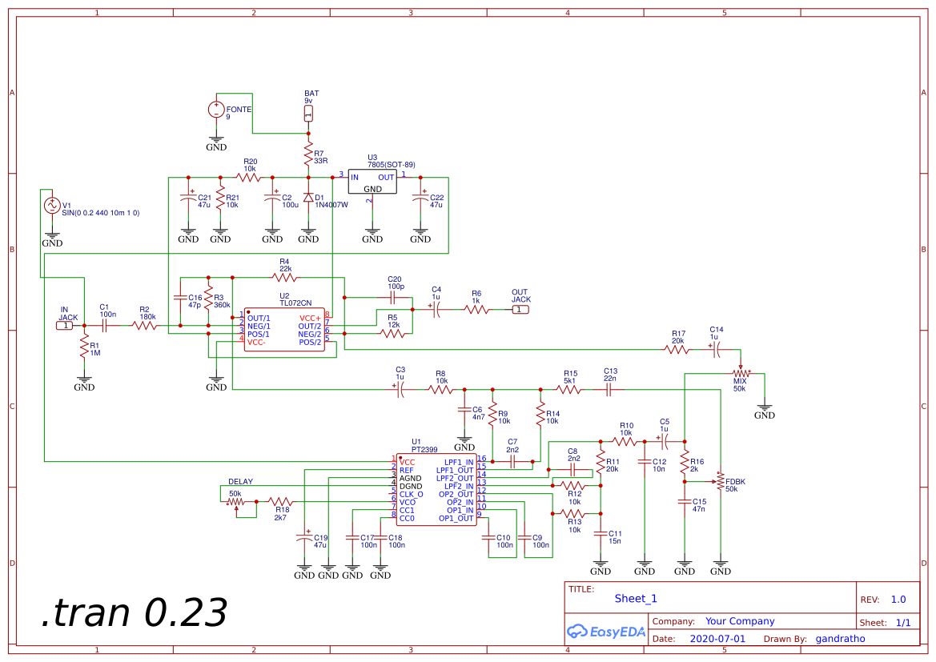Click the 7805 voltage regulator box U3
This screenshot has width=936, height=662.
[372, 182]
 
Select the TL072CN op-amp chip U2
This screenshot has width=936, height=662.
[284, 330]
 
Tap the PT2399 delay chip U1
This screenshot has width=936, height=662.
[436, 490]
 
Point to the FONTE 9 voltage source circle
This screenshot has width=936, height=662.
[216, 109]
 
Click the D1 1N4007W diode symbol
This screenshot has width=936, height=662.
[308, 197]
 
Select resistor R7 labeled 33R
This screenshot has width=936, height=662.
[308, 152]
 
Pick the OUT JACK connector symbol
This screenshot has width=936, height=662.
[520, 309]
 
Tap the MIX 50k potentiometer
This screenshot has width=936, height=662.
[741, 373]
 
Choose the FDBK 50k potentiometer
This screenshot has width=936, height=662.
[720, 481]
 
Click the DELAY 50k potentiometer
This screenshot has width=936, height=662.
[235, 502]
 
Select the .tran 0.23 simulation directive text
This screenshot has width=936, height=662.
[134, 613]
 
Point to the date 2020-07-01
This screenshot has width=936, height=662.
[717, 639]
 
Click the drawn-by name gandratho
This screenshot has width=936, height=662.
[840, 639]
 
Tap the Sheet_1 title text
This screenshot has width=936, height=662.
[636, 598]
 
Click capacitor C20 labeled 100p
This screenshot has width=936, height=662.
[393, 297]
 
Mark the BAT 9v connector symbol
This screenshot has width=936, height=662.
[308, 113]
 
